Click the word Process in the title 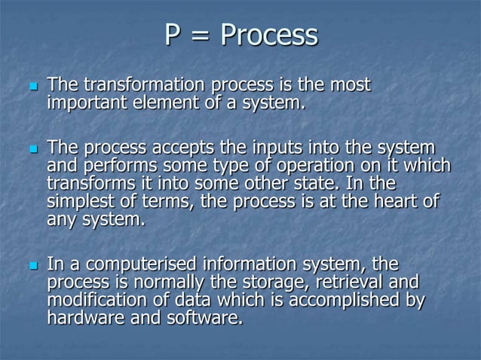[269, 35]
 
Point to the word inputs [262, 148]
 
